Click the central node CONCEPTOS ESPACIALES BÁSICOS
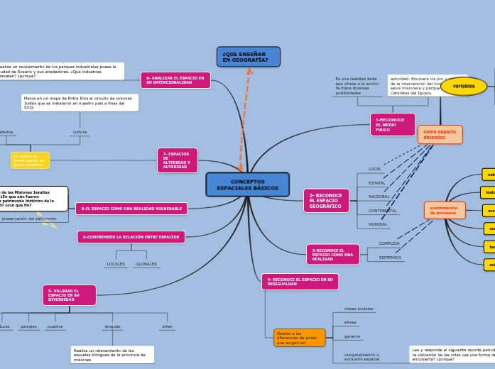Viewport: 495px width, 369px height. click(x=247, y=184)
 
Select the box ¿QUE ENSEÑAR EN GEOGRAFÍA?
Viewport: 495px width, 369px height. click(x=248, y=57)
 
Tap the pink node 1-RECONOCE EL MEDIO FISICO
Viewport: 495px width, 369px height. click(x=392, y=124)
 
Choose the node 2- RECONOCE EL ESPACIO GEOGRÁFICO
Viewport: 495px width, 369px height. click(x=326, y=201)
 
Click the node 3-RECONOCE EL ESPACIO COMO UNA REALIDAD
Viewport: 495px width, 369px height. click(x=332, y=254)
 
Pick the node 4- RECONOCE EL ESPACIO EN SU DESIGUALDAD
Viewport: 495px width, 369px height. click(x=300, y=282)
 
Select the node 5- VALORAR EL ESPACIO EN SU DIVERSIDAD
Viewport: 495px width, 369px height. click(x=69, y=295)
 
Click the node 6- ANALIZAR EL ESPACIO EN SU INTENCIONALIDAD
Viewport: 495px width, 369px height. click(x=175, y=80)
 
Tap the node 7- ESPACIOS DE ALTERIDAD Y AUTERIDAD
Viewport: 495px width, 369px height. click(x=177, y=160)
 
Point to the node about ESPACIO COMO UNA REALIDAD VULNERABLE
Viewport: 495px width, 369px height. click(x=131, y=209)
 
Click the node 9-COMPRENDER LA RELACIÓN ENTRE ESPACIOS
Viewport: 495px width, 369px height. click(x=131, y=237)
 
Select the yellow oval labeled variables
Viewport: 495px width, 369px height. click(x=464, y=86)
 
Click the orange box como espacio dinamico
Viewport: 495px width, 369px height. click(x=440, y=134)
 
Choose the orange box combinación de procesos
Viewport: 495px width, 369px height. click(x=445, y=210)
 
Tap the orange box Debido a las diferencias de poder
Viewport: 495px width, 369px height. click(x=299, y=337)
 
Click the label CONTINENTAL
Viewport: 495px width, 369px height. click(x=383, y=211)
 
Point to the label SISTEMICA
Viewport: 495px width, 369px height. click(x=390, y=258)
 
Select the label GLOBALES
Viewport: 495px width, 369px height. click(x=146, y=264)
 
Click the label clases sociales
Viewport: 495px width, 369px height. click(x=359, y=309)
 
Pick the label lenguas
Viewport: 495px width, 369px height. click(x=112, y=326)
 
